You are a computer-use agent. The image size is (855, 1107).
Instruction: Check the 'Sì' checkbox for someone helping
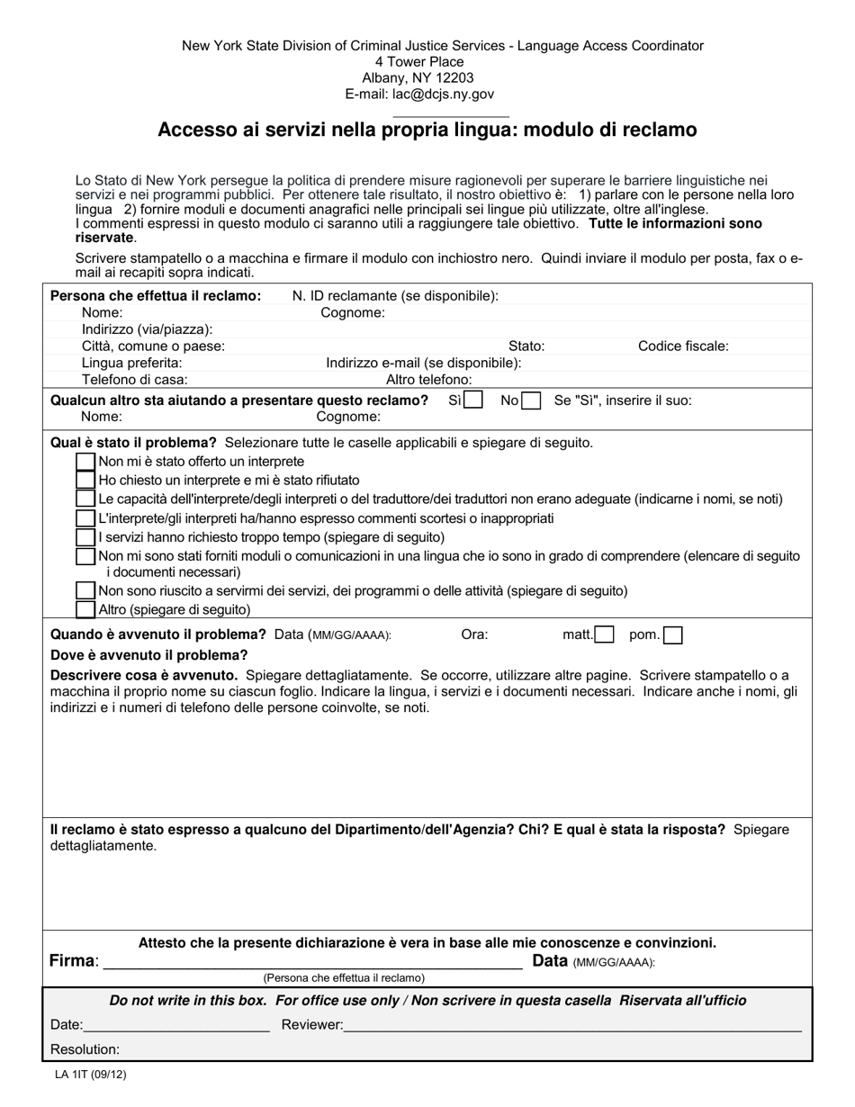473,400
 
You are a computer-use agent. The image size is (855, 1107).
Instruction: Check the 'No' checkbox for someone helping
531,401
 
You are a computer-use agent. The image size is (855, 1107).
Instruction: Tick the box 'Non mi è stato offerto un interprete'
85,461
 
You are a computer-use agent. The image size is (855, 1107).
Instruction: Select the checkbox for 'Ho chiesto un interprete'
85,480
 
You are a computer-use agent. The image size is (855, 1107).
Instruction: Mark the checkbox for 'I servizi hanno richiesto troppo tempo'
85,536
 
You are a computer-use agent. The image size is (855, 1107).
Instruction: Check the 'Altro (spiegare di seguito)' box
85,609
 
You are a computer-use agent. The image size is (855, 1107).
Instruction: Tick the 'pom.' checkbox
672,635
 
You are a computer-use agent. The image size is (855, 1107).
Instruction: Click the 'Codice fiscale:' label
683,346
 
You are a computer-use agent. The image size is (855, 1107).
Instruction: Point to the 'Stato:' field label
526,346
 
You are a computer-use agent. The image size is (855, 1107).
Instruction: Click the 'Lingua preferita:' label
131,363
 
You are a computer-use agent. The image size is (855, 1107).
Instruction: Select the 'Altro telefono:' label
428,380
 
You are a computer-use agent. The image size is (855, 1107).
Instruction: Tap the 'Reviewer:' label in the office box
312,1024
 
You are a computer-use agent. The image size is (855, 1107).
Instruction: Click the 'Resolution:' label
85,1049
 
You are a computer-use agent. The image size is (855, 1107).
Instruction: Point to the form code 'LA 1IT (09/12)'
90,1074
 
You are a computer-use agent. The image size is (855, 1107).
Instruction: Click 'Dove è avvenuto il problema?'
148,654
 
